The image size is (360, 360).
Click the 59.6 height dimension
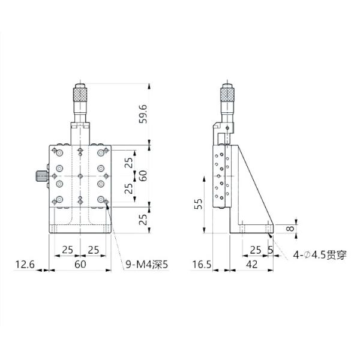(x=143, y=113)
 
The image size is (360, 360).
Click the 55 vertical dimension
(x=199, y=206)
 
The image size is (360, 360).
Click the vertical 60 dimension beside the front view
(x=143, y=176)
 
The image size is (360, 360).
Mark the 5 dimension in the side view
(x=271, y=248)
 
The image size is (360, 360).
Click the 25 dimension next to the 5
(x=255, y=248)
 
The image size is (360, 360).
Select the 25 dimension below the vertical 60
(x=143, y=219)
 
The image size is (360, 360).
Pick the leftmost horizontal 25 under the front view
(x=67, y=248)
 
